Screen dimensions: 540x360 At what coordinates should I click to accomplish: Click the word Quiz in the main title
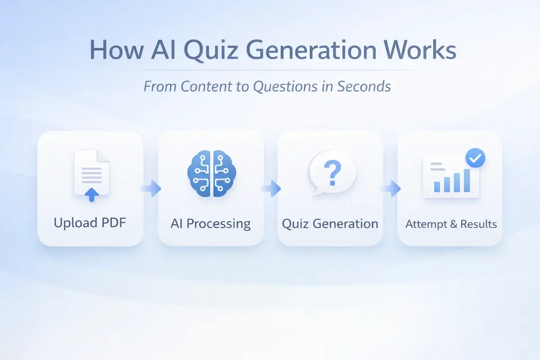point(211,50)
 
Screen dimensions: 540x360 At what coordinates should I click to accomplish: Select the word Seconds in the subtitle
point(364,86)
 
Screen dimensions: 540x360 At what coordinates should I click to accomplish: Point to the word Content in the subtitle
point(207,86)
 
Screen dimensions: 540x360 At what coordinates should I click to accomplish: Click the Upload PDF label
point(90,223)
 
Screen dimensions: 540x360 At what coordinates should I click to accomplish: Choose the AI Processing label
point(211,224)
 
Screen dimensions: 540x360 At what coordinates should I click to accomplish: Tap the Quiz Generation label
point(330,224)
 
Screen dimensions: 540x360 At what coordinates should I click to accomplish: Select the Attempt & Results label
point(451,224)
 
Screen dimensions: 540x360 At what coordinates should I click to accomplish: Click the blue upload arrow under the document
point(92,194)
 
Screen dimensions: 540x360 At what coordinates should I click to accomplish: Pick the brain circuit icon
point(211,173)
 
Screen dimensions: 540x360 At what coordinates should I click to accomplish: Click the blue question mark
point(333,173)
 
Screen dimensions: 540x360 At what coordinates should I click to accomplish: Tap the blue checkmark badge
point(475,158)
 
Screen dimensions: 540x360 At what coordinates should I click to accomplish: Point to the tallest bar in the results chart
point(467,180)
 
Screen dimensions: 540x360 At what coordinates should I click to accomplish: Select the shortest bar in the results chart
point(437,187)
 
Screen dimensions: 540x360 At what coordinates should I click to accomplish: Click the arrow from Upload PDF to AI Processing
point(151,189)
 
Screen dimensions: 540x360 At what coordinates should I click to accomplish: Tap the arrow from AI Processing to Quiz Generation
point(271,189)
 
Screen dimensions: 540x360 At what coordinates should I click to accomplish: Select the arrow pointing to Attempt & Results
point(391,189)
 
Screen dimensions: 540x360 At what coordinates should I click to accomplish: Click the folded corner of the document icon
point(103,156)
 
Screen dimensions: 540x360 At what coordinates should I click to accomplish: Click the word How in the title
point(117,49)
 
